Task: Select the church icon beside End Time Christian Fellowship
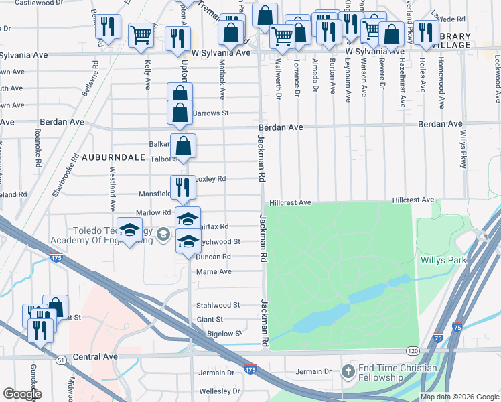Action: (347, 371)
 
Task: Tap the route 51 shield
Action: (61, 360)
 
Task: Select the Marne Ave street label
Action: (214, 272)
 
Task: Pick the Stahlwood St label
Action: (218, 305)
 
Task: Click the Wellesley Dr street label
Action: (218, 391)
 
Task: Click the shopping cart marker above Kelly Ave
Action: (141, 34)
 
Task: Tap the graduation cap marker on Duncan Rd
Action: (188, 241)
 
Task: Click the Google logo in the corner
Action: (22, 394)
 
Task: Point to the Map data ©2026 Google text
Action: (459, 397)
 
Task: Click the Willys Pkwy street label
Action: (463, 149)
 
